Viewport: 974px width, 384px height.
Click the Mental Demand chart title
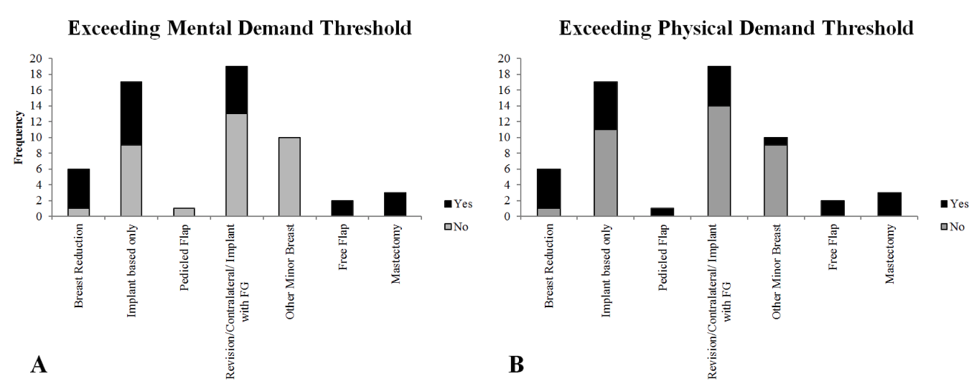pyautogui.click(x=239, y=28)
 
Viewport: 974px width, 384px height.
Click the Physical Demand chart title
pyautogui.click(x=736, y=28)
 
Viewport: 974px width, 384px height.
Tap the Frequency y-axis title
pyautogui.click(x=21, y=136)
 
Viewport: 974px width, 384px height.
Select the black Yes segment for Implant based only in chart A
pyautogui.click(x=131, y=113)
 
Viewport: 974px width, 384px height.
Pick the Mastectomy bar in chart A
pyautogui.click(x=395, y=204)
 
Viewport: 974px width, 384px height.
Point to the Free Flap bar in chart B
pyautogui.click(x=833, y=208)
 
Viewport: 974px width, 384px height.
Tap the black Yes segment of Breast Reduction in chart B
pyautogui.click(x=549, y=188)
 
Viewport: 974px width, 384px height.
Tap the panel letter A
pyautogui.click(x=39, y=365)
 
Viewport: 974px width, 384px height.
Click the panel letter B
pyautogui.click(x=516, y=365)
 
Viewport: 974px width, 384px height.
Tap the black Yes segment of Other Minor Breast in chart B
pyautogui.click(x=776, y=141)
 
